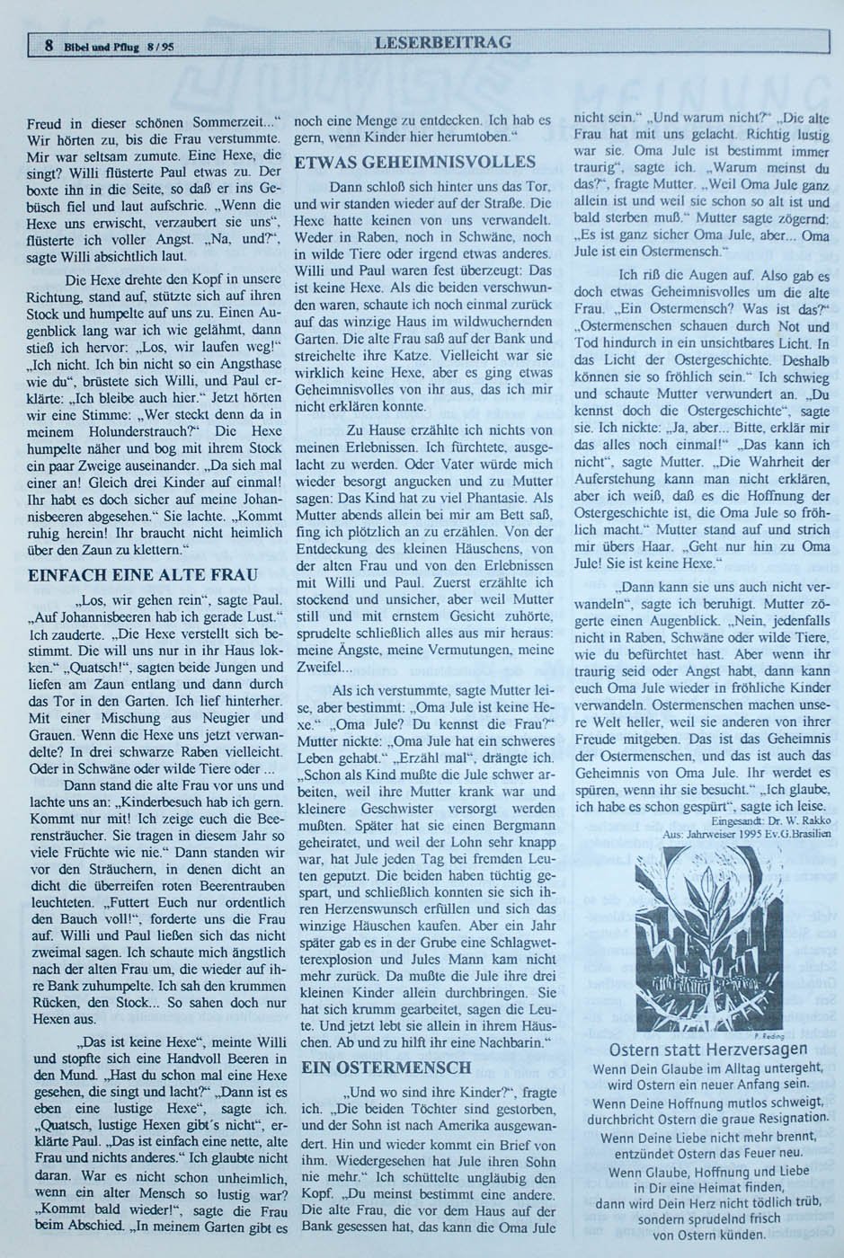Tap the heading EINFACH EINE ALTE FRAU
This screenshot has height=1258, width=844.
[143, 575]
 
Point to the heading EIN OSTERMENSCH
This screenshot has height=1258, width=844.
[386, 1068]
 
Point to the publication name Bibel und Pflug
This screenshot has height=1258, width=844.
[102, 48]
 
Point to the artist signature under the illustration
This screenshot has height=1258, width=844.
[772, 1034]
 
